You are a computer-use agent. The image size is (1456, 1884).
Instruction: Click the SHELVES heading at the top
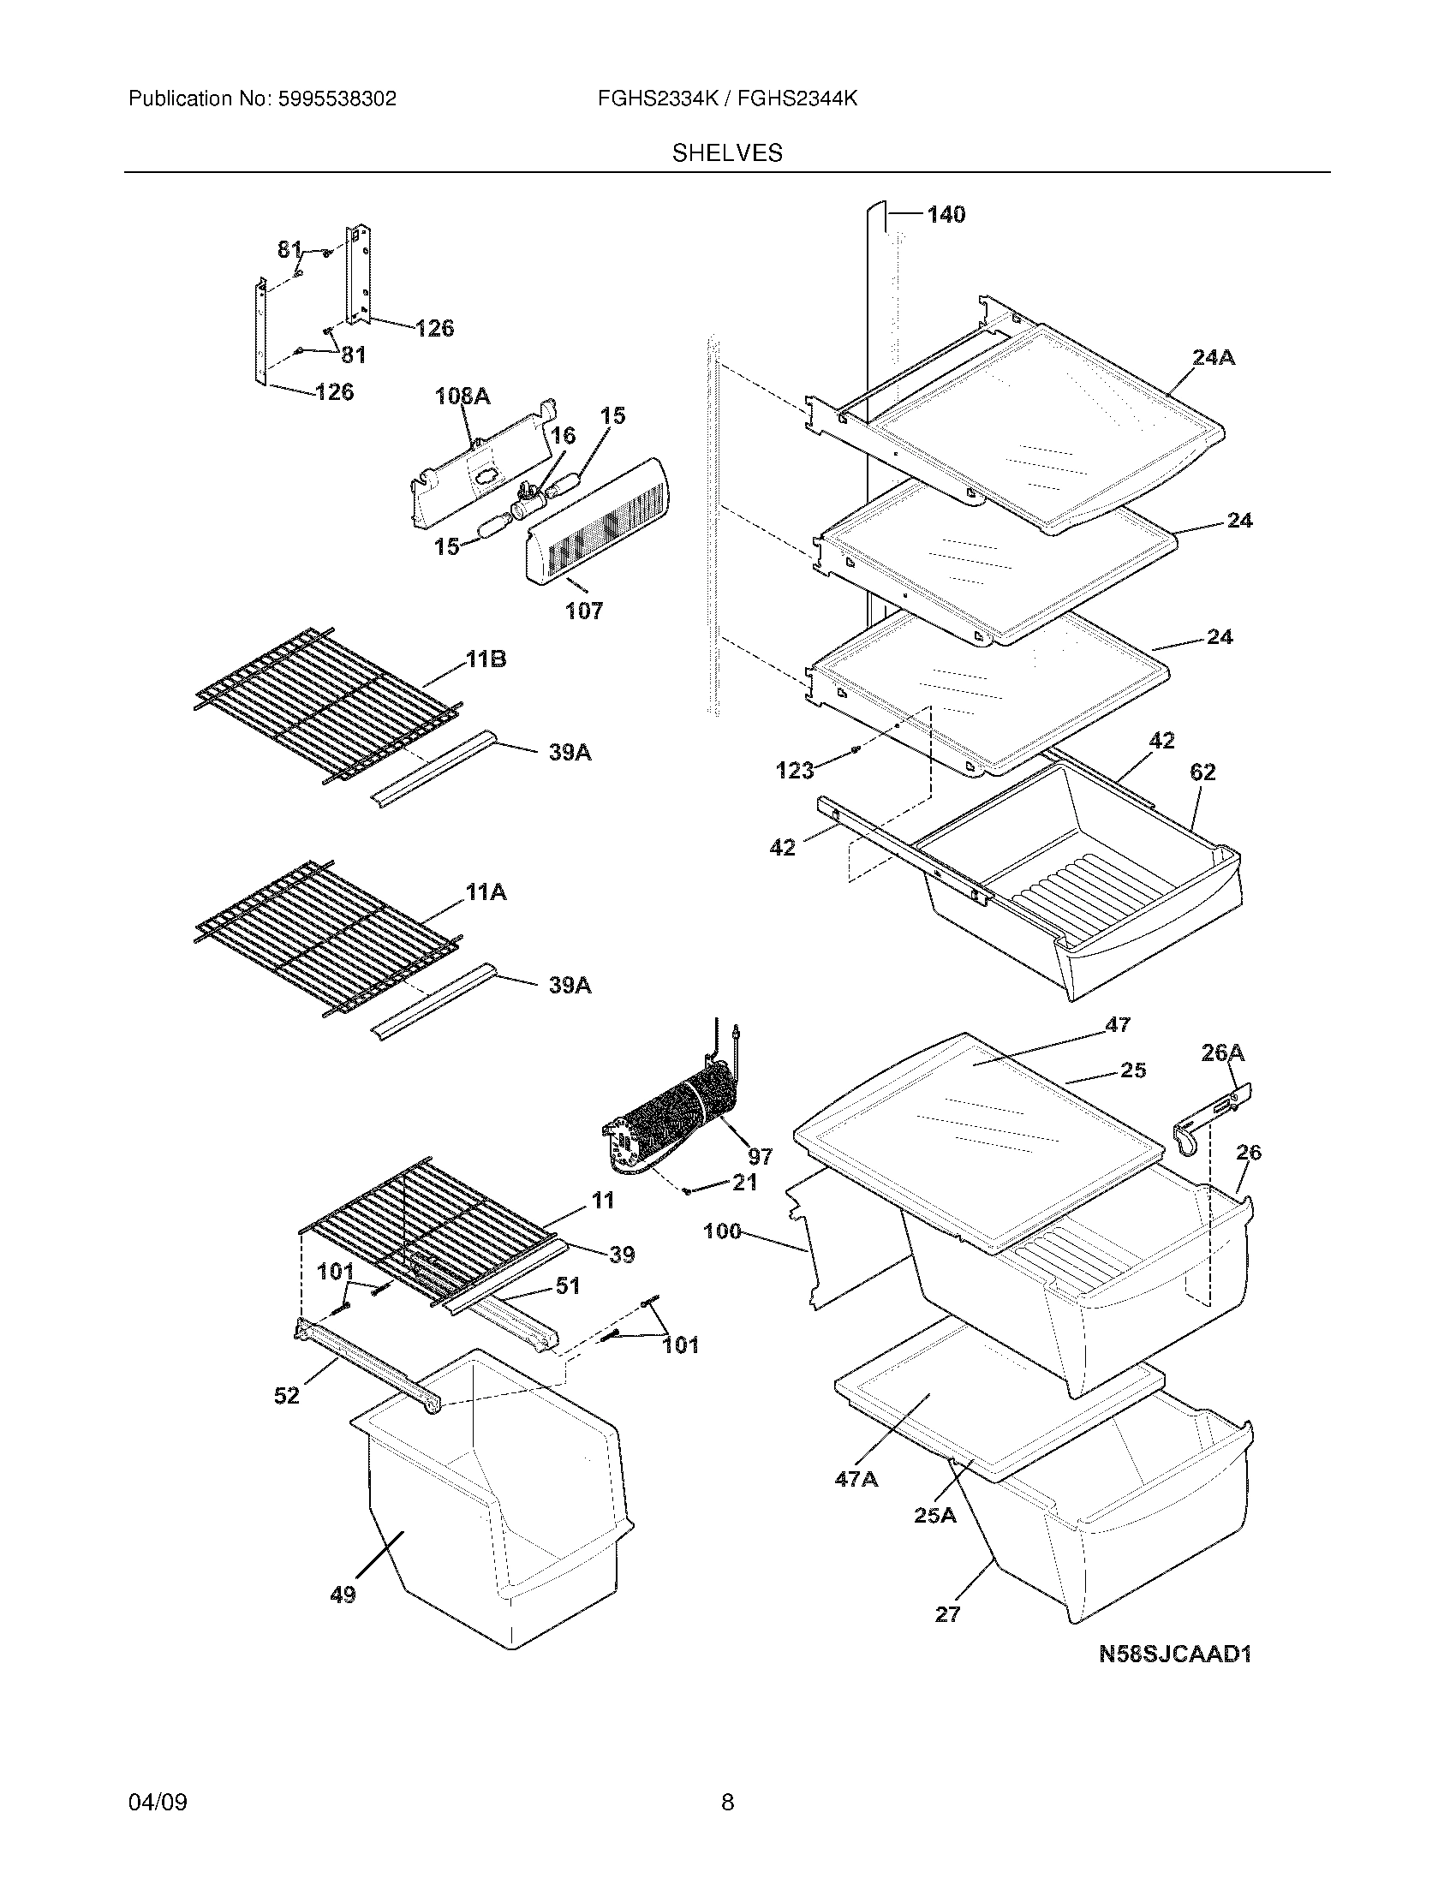coord(727,153)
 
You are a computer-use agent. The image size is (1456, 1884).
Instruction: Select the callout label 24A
coord(1214,357)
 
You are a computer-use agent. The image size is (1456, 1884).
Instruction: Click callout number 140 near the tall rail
coord(946,215)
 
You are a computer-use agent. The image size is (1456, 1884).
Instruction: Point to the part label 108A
coord(462,396)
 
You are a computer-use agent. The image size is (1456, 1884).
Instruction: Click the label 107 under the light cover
coord(584,611)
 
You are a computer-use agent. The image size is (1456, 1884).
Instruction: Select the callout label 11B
coord(486,660)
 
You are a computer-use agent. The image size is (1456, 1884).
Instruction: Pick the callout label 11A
coord(486,893)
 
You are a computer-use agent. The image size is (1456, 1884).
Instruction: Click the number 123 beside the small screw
coord(795,771)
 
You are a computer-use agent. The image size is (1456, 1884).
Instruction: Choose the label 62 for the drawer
coord(1202,772)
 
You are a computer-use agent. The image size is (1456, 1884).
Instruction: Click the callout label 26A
coord(1222,1052)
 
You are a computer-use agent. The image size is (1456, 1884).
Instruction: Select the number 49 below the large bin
coord(343,1595)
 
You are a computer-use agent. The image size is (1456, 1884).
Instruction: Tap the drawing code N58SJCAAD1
coord(1175,1654)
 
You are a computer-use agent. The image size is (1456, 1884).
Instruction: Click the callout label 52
coord(286,1395)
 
